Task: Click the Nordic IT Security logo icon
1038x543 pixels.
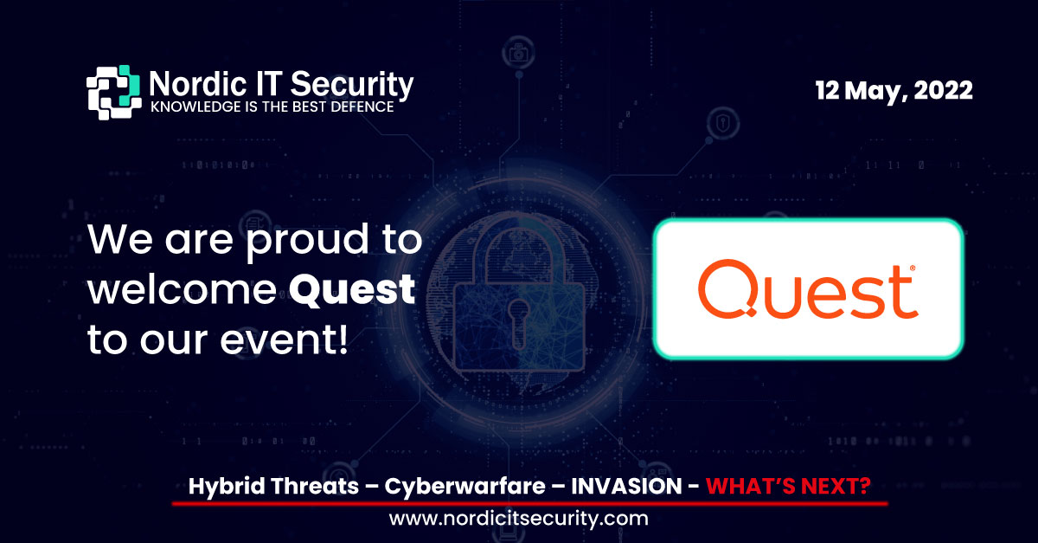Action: click(112, 92)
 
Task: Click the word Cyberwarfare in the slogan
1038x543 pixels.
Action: click(463, 487)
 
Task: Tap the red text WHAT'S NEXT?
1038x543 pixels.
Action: click(788, 487)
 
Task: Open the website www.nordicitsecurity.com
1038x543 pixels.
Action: click(519, 519)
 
